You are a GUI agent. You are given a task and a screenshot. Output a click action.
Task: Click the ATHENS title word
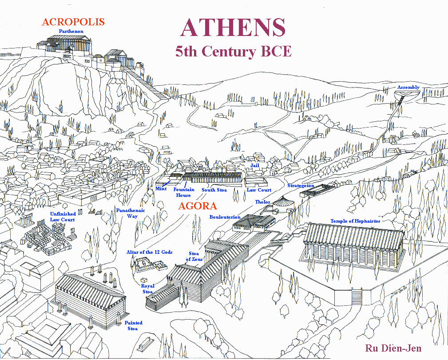pos(233,28)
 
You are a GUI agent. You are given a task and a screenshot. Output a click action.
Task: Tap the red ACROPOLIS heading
pos(73,22)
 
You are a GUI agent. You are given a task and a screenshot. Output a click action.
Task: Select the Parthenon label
pos(71,32)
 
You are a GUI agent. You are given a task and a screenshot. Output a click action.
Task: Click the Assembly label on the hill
pos(408,87)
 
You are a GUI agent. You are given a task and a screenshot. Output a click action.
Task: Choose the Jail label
pos(254,165)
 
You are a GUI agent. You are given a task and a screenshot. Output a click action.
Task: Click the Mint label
pos(161,189)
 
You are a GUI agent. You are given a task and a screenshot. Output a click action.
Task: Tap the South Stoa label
pos(214,190)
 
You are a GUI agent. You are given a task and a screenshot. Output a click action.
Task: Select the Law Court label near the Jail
pos(259,190)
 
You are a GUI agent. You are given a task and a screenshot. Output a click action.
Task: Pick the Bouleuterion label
pos(225,217)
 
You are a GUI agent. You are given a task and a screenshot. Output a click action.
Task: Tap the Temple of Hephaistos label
pos(355,221)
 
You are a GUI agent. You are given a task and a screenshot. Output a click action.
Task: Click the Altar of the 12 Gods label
pos(149,252)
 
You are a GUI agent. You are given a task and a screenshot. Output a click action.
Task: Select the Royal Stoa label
pos(148,288)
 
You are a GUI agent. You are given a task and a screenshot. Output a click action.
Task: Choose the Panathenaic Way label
pos(127,213)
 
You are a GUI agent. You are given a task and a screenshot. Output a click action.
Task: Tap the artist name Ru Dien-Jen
pos(393,348)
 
